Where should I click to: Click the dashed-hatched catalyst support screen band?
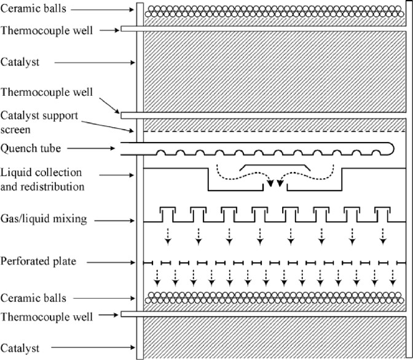point(277,130)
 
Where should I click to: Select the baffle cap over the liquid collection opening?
point(276,166)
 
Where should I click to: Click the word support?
point(60,115)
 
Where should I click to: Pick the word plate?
point(64,261)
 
